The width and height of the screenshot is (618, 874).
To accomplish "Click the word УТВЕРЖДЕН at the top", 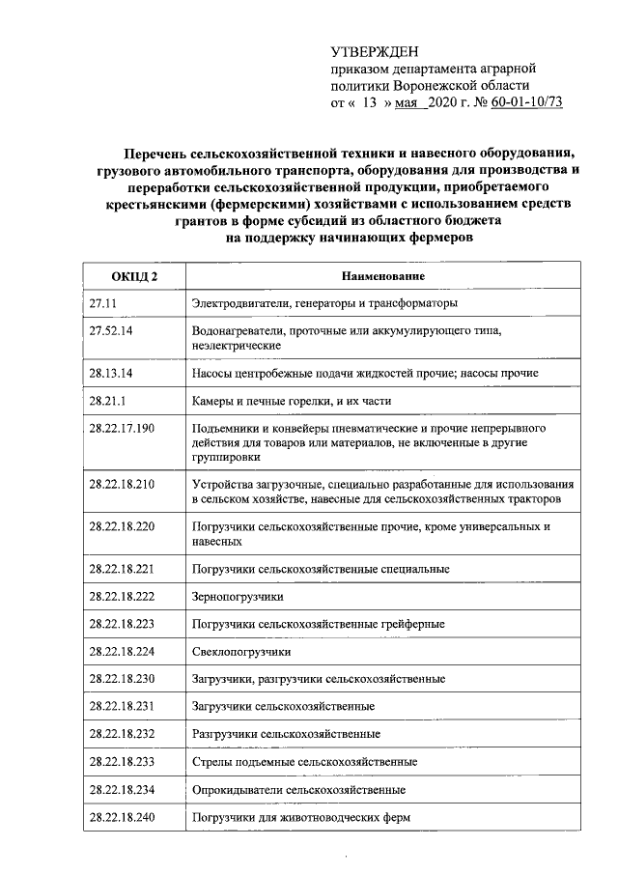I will point(377,52).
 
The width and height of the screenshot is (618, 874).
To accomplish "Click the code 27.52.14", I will point(110,330).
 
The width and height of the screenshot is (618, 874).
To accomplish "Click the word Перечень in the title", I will point(156,153).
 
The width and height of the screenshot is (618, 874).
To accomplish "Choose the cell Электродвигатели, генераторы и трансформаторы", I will point(323,303).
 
